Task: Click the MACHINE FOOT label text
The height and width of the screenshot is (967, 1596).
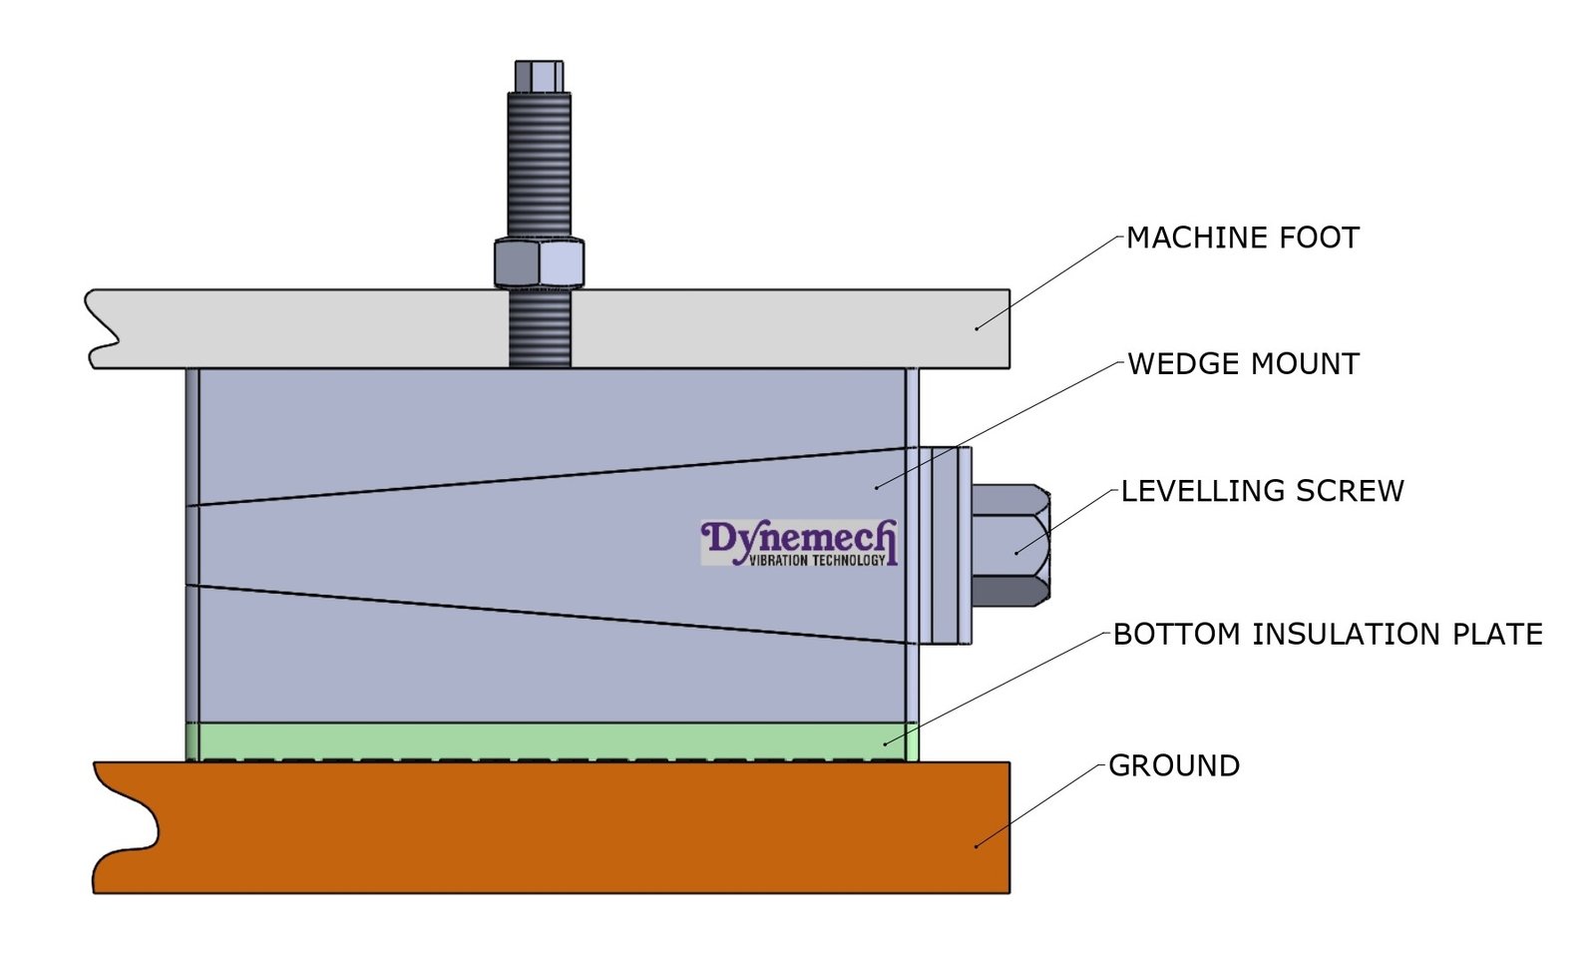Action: (1242, 239)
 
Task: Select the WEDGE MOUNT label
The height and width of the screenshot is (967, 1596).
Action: (1243, 364)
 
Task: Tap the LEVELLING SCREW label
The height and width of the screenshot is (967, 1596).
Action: (1262, 491)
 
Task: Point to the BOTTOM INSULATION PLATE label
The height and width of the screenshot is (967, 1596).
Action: (1328, 635)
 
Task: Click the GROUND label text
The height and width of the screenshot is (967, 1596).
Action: (1174, 766)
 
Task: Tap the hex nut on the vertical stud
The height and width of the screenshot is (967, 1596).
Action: (539, 263)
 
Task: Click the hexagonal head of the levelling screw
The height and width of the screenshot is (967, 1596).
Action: (1009, 545)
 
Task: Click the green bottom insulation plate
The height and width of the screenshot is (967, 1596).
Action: (549, 740)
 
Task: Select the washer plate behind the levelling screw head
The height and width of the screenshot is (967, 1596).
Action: (946, 545)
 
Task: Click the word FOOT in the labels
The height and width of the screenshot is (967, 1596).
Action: (1320, 239)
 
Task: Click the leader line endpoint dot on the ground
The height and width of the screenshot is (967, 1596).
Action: (976, 846)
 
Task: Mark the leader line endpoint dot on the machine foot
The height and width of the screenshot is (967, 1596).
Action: (977, 327)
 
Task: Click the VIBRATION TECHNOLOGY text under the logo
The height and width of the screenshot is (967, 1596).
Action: (816, 561)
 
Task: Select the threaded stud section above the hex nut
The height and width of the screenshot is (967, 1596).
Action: (539, 165)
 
